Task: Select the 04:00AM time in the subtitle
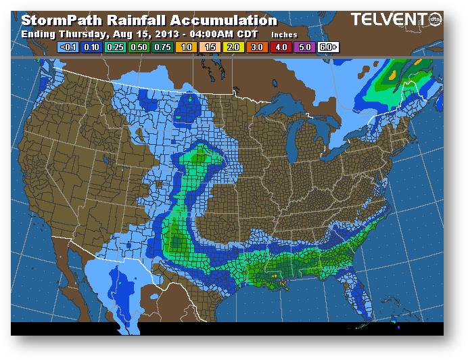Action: coord(193,34)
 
